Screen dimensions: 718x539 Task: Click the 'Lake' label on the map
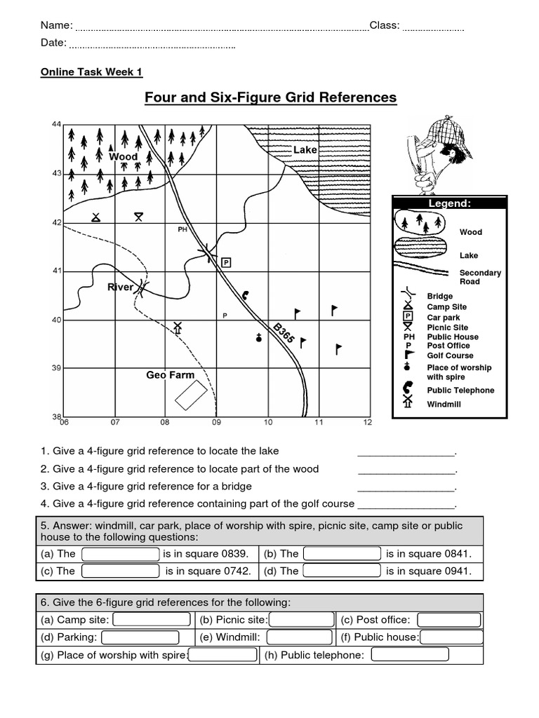coord(305,150)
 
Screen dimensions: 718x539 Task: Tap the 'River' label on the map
coord(120,287)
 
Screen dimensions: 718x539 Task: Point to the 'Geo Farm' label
coord(170,375)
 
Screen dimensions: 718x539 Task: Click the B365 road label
coord(284,333)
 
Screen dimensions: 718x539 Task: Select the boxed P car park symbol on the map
coord(226,262)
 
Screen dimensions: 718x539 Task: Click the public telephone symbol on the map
coord(245,295)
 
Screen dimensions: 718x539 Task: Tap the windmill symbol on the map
coord(178,327)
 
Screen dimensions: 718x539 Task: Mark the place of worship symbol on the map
coord(259,338)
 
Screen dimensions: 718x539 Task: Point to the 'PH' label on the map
coord(182,229)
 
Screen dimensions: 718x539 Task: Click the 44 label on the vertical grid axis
coord(57,124)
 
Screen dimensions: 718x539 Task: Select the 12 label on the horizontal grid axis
coord(367,423)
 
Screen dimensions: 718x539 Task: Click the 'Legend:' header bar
coord(449,203)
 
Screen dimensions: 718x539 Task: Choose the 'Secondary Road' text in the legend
coord(480,277)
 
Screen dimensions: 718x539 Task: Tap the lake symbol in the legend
coord(420,249)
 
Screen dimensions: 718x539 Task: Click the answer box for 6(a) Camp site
coord(151,619)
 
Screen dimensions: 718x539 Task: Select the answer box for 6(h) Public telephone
coord(409,655)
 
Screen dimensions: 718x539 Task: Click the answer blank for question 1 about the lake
coord(406,452)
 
